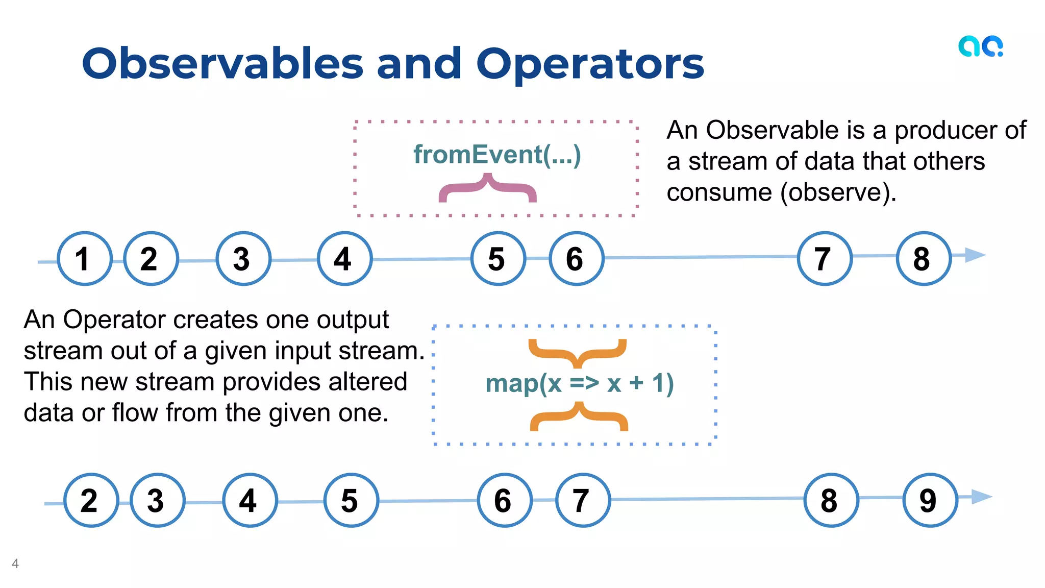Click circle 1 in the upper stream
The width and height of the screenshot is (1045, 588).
84,258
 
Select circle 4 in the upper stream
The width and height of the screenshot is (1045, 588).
344,258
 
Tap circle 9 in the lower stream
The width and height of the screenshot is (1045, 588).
930,500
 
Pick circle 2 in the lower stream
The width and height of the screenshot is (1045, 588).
91,500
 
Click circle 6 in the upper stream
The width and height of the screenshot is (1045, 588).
576,258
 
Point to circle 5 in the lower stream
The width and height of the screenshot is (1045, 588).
351,500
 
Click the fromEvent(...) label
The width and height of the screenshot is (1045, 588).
496,155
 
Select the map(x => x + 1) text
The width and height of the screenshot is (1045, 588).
579,383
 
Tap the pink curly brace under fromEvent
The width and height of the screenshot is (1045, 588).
487,189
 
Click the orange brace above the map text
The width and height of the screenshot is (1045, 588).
577,352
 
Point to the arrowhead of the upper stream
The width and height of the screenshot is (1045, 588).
975,255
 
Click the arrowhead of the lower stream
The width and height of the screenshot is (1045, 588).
981,496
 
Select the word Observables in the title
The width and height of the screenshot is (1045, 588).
222,64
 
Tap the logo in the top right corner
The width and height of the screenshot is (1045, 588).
980,46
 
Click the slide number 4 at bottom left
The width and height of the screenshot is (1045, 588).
15,563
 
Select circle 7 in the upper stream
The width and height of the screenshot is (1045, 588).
824,258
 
